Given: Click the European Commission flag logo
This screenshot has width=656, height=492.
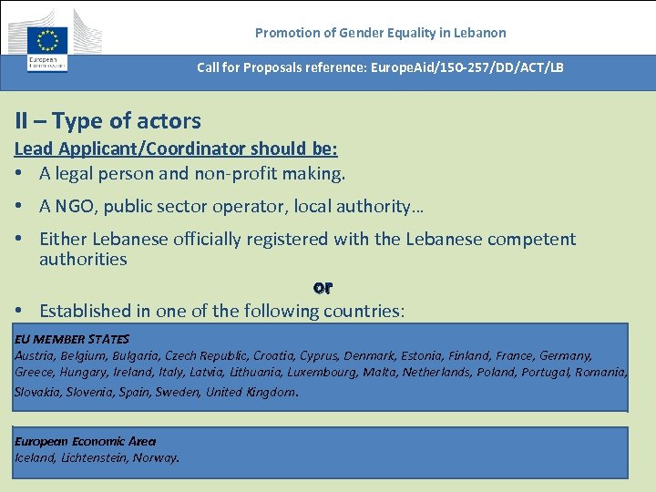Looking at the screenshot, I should tap(47, 41).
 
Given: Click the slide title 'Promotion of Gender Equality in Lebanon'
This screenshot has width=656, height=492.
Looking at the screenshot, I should tap(380, 33).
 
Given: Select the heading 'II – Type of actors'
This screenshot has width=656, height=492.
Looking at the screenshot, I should tap(108, 120).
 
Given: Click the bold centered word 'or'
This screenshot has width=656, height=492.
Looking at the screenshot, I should tap(323, 287).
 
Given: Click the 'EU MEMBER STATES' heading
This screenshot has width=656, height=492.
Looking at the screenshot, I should tap(72, 339).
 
